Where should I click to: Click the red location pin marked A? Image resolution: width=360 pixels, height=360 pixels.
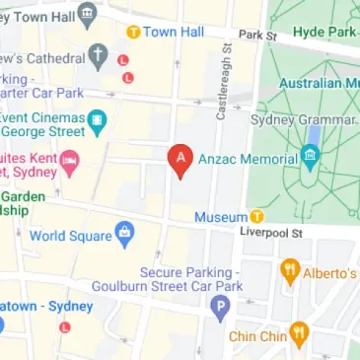tap(180, 160)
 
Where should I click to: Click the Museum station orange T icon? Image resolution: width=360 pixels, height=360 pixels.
tap(257, 217)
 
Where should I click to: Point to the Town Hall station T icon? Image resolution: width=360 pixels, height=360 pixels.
tap(131, 33)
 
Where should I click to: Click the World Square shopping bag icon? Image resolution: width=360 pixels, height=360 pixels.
tap(124, 235)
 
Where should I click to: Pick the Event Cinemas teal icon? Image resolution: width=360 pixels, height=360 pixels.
tap(97, 121)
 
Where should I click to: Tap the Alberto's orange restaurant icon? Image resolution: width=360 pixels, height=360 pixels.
tap(291, 269)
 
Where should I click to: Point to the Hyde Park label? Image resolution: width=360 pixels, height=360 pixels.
tap(325, 32)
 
